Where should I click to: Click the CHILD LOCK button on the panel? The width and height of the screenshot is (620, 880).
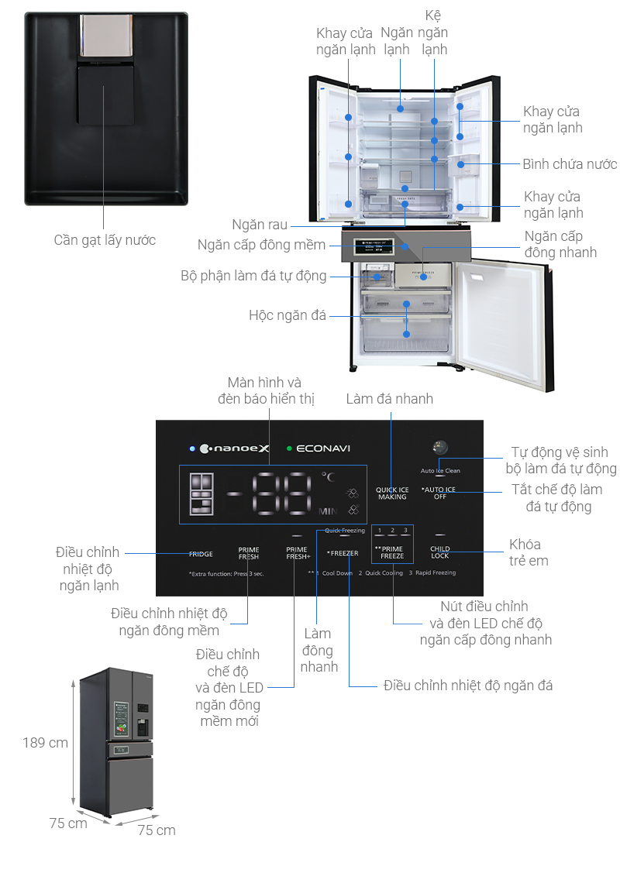pos(439,552)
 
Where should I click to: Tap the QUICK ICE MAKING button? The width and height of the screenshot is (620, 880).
pos(392,493)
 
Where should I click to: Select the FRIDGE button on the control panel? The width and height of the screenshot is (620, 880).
pos(201,554)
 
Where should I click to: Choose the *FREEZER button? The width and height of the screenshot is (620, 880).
pos(343,553)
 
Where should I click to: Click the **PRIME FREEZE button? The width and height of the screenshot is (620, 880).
pos(391,552)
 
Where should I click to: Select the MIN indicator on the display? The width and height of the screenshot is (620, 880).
pos(327,511)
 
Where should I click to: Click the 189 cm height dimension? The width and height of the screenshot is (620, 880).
pos(45,743)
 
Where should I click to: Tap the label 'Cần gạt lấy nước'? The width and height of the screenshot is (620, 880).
pos(105,240)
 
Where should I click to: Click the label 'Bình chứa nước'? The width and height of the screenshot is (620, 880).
pos(569,164)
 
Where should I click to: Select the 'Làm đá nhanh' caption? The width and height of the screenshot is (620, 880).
pos(390,399)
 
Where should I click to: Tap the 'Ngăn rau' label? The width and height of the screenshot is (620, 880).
pos(260,225)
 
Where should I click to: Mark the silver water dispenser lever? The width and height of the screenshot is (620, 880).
pos(105,36)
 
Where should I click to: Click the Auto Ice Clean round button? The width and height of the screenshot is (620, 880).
pos(440,448)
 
